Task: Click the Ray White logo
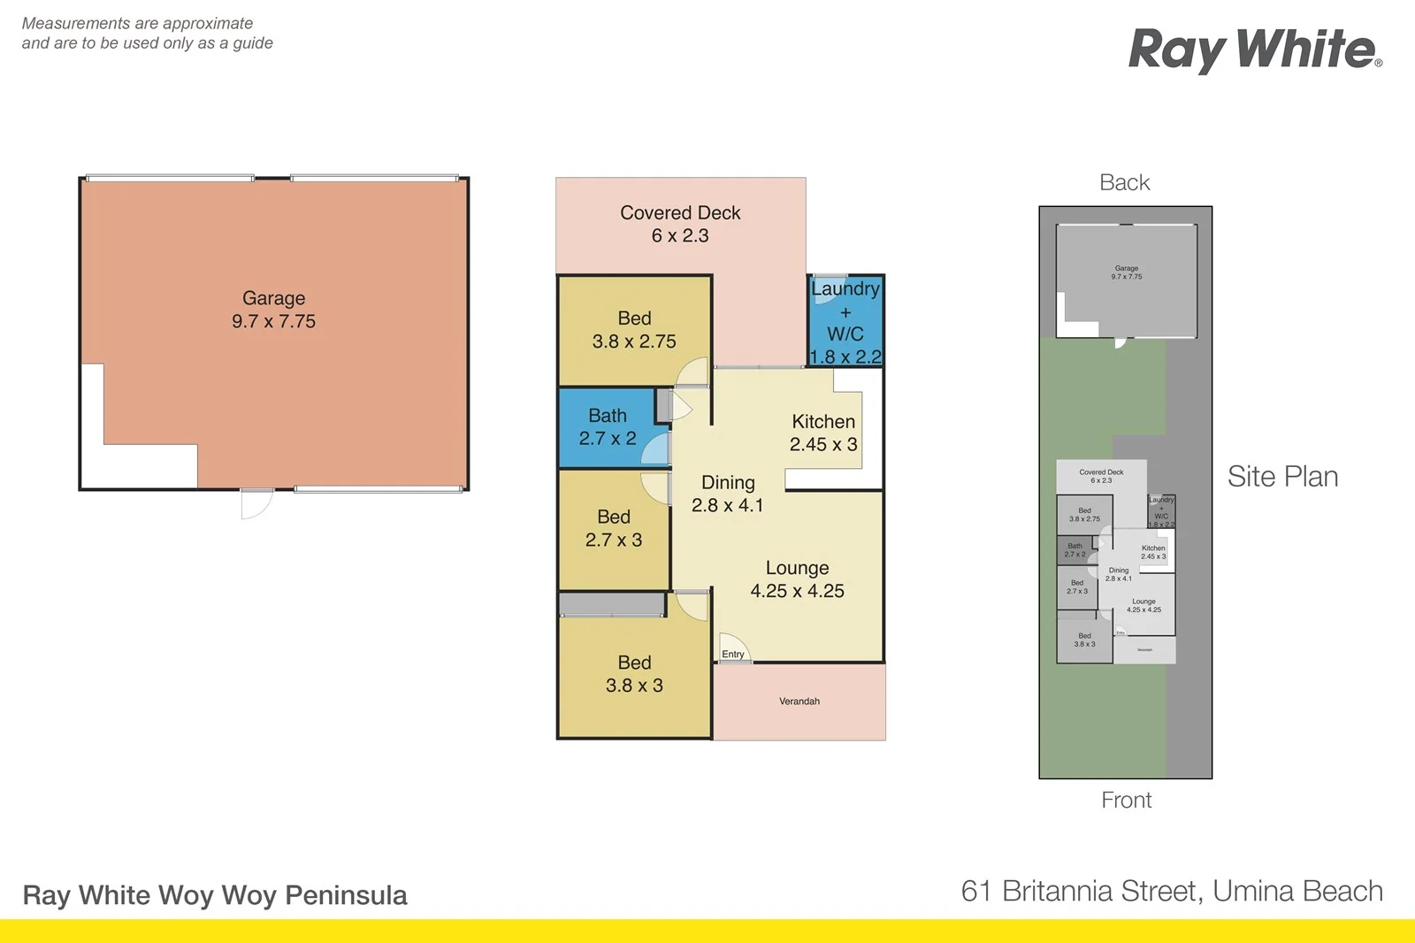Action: pos(1254,50)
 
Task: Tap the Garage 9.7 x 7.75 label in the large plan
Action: pos(273,310)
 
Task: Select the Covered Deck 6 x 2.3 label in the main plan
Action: pos(680,224)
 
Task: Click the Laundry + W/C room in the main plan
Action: pos(845,322)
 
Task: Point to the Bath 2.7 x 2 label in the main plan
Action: pos(608,426)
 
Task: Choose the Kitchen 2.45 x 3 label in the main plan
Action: pos(823,433)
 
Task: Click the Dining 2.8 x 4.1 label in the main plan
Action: pos(727,494)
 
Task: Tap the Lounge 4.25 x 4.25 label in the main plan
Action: pos(797,579)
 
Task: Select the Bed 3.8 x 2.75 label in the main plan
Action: pos(634,329)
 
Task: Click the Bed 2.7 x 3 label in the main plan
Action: pos(614,528)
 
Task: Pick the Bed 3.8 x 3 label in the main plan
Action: pos(634,673)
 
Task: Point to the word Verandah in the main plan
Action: pos(799,701)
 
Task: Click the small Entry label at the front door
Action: pos(733,655)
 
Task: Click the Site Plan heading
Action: pos(1282,477)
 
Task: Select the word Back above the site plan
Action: pos(1124,182)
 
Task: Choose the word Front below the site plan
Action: pos(1126,800)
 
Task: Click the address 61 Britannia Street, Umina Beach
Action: pos(1172,891)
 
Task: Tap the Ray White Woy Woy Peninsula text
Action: pos(215,895)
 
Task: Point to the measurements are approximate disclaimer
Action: pos(147,33)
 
